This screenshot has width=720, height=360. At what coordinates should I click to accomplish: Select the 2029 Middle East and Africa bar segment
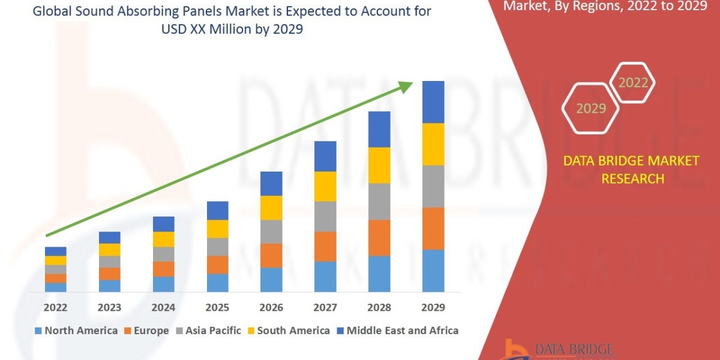click(x=433, y=102)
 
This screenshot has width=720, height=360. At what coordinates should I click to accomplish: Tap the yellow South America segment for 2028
click(x=379, y=165)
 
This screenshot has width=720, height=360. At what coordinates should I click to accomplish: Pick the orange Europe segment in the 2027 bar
click(x=325, y=246)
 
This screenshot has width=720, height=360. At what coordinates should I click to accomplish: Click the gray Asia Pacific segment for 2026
click(x=271, y=232)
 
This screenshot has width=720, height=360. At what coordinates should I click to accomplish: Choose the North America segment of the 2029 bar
click(x=433, y=271)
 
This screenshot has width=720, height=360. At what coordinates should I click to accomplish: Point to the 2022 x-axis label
click(x=55, y=307)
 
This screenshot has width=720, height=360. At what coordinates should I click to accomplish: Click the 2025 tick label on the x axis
click(x=217, y=307)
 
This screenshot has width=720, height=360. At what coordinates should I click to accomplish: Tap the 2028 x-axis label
click(x=379, y=307)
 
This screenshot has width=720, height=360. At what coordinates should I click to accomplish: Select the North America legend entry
click(x=76, y=331)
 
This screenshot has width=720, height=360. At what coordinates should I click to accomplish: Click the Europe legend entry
click(x=146, y=331)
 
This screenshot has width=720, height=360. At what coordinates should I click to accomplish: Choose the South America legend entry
click(x=287, y=331)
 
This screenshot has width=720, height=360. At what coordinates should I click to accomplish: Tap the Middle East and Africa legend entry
click(x=397, y=331)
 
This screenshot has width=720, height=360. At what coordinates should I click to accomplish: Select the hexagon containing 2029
click(x=590, y=109)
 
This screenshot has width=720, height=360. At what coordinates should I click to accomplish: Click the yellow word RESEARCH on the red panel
click(x=632, y=179)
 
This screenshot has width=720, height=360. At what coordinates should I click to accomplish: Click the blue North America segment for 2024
click(x=163, y=284)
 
